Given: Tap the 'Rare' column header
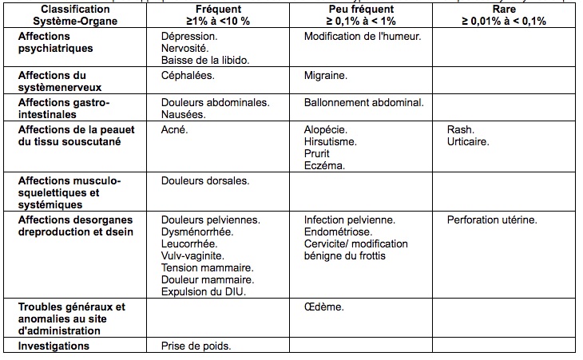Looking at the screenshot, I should click(504, 9).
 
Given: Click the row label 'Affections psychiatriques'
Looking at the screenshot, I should click(55, 42).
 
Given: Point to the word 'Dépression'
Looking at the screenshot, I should click(188, 37).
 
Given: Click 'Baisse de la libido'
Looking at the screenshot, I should click(204, 60).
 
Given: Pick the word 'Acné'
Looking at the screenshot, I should click(174, 129).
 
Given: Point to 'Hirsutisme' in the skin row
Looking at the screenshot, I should click(330, 141).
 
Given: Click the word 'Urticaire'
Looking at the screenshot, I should click(468, 141).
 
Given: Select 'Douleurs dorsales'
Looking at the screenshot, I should click(205, 181).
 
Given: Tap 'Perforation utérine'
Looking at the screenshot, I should click(492, 220).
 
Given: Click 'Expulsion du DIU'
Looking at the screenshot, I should click(202, 291).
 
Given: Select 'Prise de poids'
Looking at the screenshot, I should click(196, 346).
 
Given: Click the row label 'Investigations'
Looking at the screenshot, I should click(54, 346).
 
